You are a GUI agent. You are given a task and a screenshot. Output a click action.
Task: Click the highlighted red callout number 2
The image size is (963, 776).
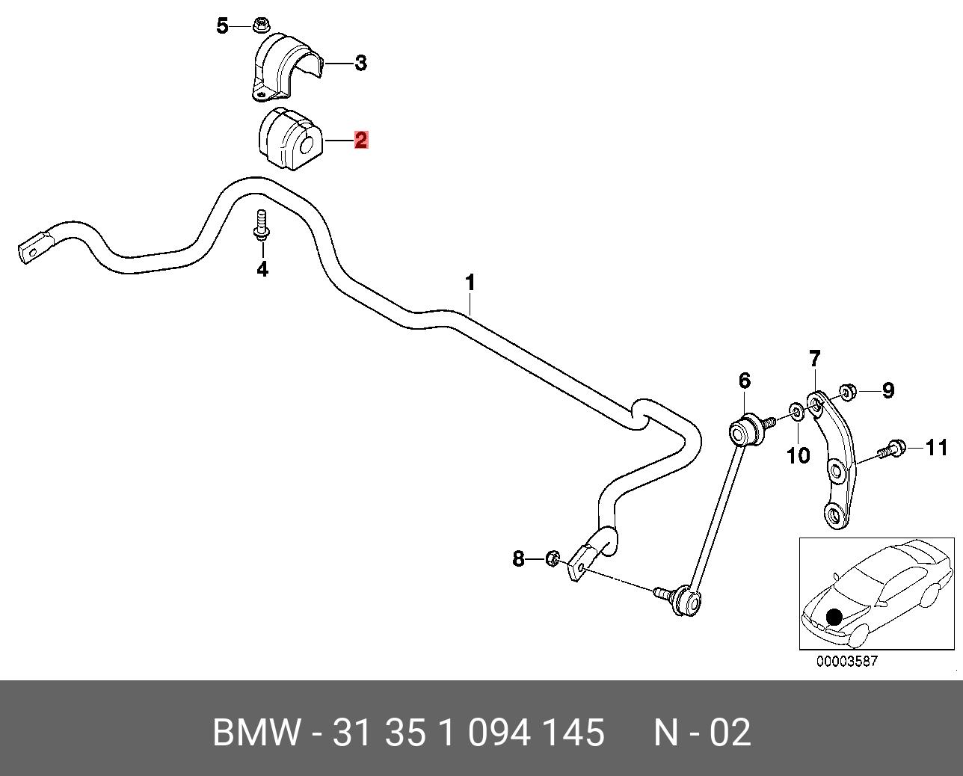pyautogui.click(x=361, y=140)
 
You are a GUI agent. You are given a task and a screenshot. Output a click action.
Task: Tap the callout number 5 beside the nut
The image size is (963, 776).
pyautogui.click(x=222, y=26)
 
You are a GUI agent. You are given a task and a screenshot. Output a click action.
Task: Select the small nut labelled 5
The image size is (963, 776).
pyautogui.click(x=262, y=25)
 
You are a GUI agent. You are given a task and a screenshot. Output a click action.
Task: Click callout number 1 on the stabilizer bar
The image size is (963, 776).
pyautogui.click(x=470, y=283)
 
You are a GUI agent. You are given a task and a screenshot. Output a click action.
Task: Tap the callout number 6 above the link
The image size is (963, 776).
pyautogui.click(x=745, y=381)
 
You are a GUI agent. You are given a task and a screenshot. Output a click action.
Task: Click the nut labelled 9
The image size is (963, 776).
pyautogui.click(x=847, y=391)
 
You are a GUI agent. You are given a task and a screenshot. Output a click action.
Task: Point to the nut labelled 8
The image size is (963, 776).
pyautogui.click(x=553, y=558)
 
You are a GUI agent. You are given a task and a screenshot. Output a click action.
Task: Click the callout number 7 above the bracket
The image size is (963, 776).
pyautogui.click(x=815, y=359)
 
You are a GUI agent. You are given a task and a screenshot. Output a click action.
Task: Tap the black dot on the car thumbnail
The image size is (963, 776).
pyautogui.click(x=834, y=618)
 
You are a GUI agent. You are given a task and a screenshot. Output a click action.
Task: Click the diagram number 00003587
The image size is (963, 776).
pyautogui.click(x=846, y=662)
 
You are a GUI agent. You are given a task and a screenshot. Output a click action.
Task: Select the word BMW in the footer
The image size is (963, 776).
pyautogui.click(x=257, y=733)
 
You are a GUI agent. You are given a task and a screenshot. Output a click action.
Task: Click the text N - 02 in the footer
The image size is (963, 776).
pyautogui.click(x=701, y=733)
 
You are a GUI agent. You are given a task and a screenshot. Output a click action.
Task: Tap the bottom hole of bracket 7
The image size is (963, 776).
pyautogui.click(x=834, y=514)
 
